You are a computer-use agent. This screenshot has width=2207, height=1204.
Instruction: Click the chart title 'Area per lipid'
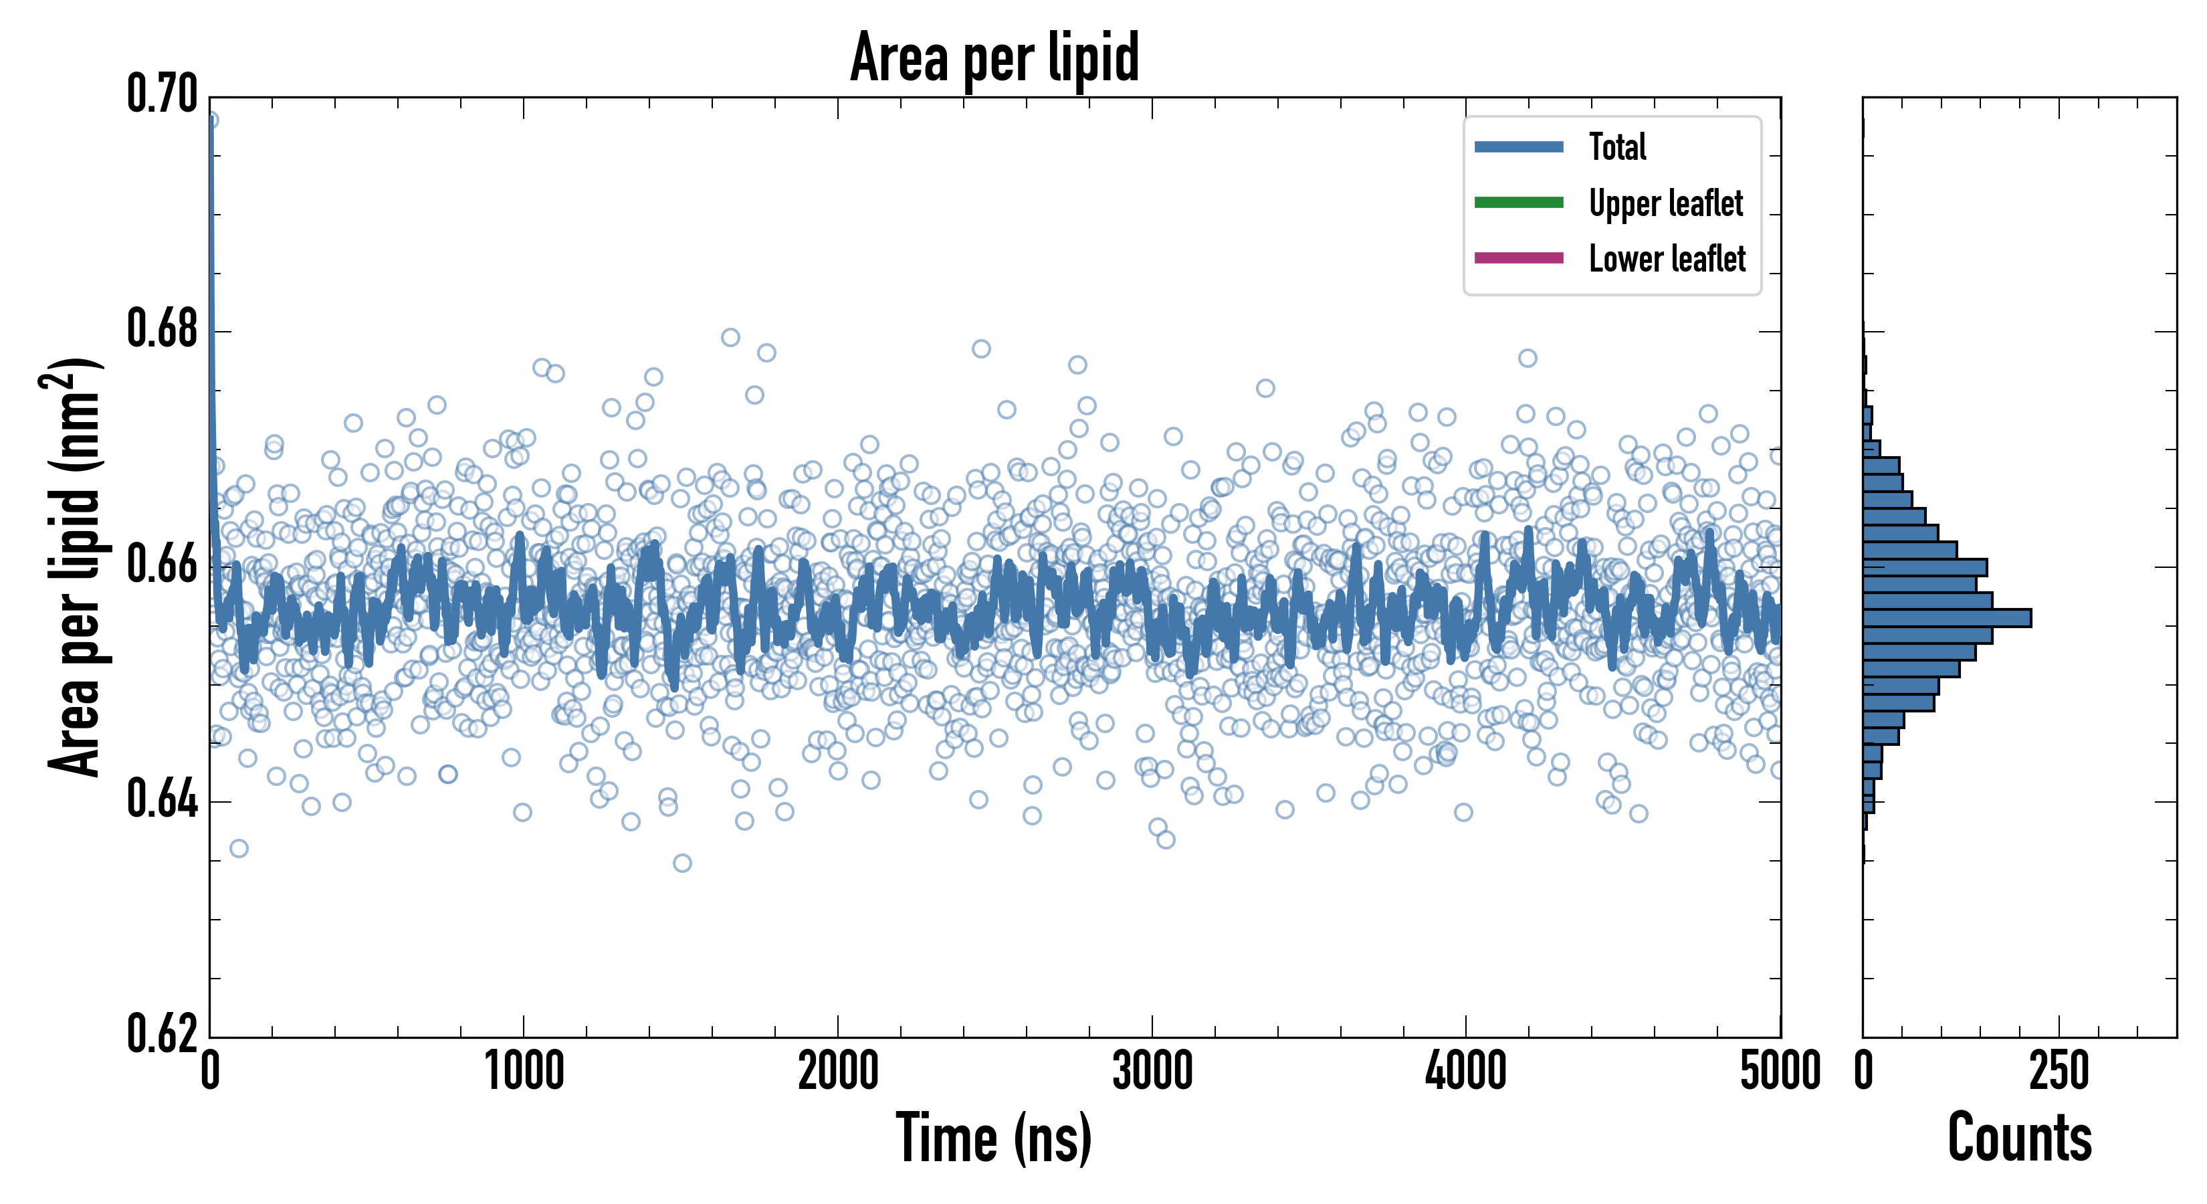tap(994, 58)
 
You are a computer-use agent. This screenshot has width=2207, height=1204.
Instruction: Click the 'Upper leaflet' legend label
tap(1665, 203)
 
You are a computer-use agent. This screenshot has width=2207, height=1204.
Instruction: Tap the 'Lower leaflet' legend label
tap(1667, 259)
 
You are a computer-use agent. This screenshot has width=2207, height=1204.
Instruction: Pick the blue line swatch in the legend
tap(1518, 147)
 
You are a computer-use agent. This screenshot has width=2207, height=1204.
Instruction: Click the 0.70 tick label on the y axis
tap(162, 94)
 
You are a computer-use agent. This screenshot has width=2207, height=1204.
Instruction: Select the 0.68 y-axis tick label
tap(162, 329)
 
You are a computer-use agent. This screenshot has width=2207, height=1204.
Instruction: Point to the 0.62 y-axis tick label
tap(162, 1033)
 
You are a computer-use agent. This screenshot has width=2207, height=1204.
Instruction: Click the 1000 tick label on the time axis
tap(524, 1071)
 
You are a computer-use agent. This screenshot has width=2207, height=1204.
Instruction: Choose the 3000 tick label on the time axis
tap(1152, 1071)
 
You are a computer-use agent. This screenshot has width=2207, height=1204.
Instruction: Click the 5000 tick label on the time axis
tap(1780, 1071)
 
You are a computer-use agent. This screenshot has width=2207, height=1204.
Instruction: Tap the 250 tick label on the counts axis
tap(2059, 1071)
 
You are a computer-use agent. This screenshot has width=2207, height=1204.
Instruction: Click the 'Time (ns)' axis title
tap(994, 1138)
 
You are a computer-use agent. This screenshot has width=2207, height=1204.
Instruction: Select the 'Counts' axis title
tap(2019, 1138)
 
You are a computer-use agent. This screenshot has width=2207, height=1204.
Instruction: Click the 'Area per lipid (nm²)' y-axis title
tap(73, 567)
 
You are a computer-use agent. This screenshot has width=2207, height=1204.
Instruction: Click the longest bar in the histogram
tap(1947, 618)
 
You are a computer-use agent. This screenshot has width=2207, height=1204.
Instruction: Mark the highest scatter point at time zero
tap(210, 120)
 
